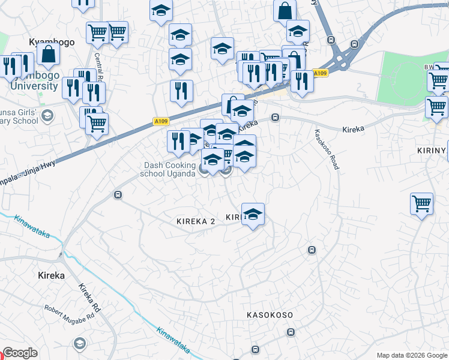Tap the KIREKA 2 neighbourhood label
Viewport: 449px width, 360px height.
pos(196,221)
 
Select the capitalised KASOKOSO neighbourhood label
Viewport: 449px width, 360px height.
pos(270,315)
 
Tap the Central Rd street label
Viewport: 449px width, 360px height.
pos(100,67)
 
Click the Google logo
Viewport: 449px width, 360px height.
pos(20,353)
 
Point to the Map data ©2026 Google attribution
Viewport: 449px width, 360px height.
pos(411,355)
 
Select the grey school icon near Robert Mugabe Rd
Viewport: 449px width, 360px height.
pos(79,344)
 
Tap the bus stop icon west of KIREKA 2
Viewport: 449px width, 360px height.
pos(118,195)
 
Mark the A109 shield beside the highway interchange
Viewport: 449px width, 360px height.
pos(321,74)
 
